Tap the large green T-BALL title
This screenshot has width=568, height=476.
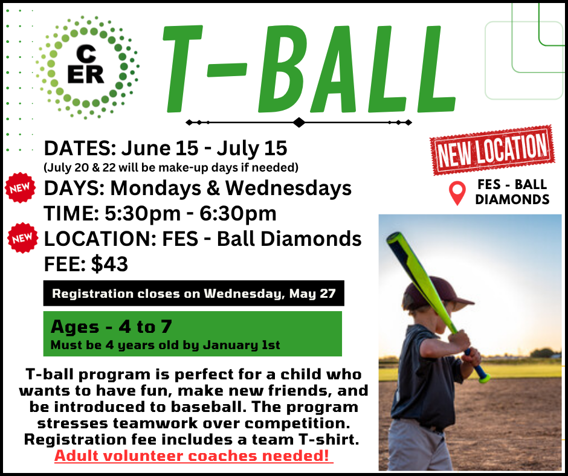(308, 66)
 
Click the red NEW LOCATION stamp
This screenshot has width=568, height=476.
(492, 150)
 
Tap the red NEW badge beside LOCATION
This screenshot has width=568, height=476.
(22, 237)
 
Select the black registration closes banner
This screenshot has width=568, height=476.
(193, 294)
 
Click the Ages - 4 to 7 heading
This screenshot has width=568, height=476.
(112, 327)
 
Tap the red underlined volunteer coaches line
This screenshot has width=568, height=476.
(193, 455)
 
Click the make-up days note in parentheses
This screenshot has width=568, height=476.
(171, 166)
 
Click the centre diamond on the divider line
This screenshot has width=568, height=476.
(299, 122)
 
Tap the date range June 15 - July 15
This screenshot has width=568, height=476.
(204, 148)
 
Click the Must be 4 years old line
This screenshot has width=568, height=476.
(166, 346)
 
